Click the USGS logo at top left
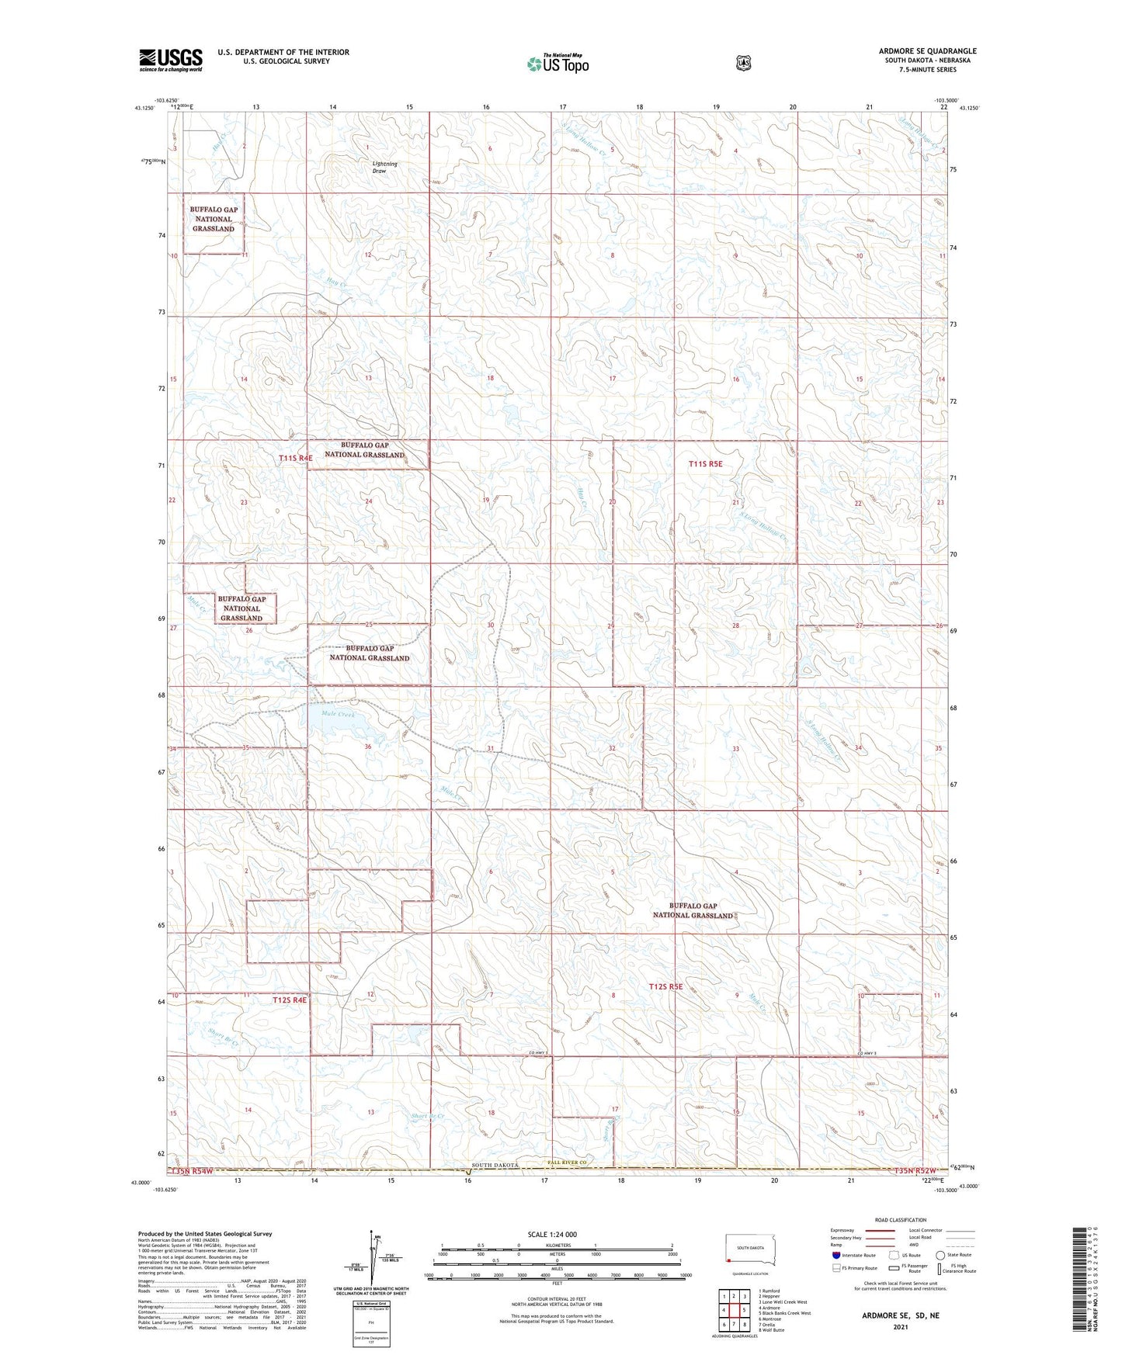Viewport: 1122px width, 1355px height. (171, 60)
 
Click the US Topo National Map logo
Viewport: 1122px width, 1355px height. (557, 64)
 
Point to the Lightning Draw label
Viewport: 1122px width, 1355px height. (384, 167)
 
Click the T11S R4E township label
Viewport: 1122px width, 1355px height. (296, 459)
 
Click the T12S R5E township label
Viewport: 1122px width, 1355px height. (665, 987)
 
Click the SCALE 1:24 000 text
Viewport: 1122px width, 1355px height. (552, 1235)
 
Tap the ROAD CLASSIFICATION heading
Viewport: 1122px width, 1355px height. (900, 1221)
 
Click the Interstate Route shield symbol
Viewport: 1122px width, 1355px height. (835, 1256)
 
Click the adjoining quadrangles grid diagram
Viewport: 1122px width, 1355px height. (733, 1312)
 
